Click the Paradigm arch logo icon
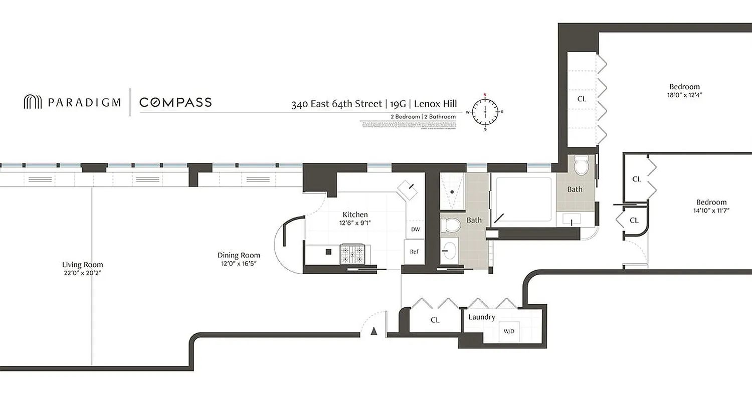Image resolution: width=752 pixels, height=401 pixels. coord(33,102)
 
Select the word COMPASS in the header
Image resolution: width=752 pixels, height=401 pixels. coord(175,103)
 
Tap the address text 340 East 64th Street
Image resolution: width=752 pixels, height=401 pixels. coord(336,104)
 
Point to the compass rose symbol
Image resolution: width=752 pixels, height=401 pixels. coord(485,112)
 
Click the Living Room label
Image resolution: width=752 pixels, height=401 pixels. coord(83,265)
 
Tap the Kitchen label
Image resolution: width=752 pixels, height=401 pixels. coord(355,215)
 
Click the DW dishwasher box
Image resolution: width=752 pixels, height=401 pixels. coord(415,230)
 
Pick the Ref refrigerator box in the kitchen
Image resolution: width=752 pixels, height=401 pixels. coord(414,252)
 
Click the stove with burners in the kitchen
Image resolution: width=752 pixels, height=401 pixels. coord(355,254)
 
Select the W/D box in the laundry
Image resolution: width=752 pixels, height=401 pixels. coord(508,331)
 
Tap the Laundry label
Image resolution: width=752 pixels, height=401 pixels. coord(482,317)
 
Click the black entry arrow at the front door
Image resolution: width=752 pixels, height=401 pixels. coord(373,331)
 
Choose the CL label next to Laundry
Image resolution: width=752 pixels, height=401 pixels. coord(435,320)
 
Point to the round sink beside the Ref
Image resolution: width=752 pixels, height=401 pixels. coord(450,249)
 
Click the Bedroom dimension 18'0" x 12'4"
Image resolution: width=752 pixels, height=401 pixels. coord(684,95)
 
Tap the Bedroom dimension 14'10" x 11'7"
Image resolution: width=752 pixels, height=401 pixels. coord(711,211)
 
